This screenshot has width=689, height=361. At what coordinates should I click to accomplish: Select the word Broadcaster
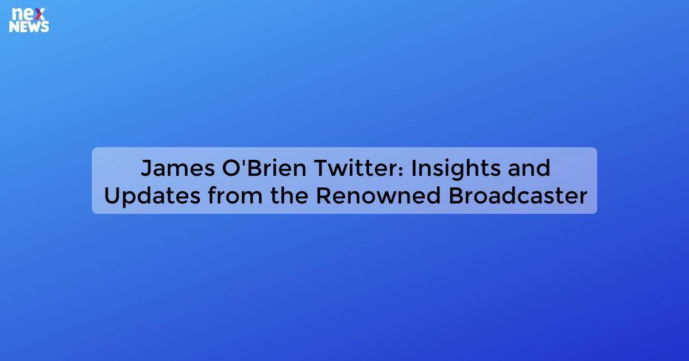click(517, 196)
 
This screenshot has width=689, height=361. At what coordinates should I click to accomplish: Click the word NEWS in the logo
click(29, 26)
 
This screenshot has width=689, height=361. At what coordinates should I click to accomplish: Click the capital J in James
click(146, 168)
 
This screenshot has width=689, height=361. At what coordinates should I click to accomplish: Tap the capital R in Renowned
click(323, 196)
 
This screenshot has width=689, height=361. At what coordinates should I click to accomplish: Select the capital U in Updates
click(113, 196)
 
